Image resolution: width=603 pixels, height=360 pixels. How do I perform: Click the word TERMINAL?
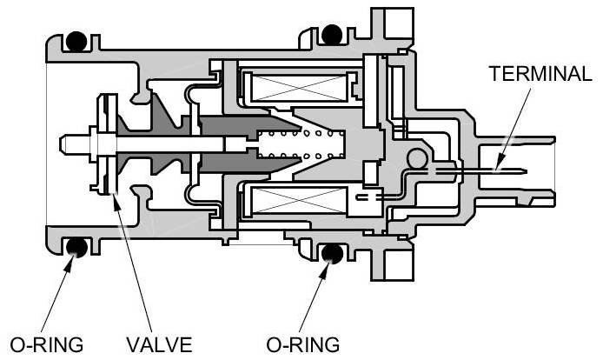(x=540, y=73)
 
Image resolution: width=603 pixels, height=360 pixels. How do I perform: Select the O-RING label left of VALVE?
(x=43, y=344)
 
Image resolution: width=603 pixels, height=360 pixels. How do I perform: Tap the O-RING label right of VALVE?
(x=304, y=344)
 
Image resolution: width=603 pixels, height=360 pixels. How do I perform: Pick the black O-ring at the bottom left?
(x=77, y=248)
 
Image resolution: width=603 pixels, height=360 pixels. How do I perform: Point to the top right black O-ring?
(x=331, y=34)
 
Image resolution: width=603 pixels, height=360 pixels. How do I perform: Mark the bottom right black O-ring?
(x=331, y=253)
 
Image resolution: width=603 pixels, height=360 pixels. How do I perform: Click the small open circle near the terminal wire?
(x=416, y=157)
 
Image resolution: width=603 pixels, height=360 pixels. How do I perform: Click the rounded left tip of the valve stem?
(x=61, y=141)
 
